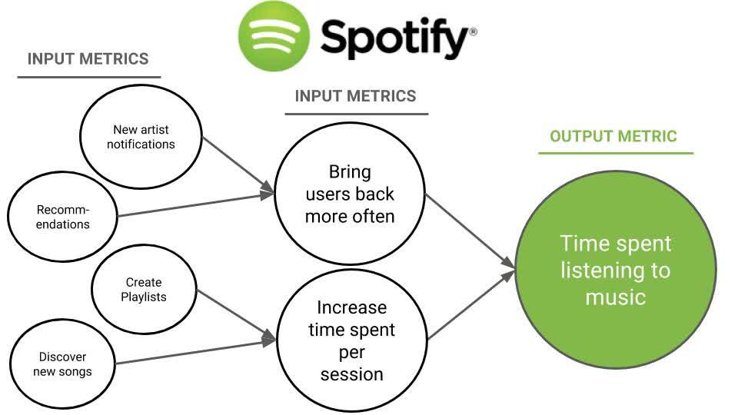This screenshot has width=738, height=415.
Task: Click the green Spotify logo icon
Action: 274,36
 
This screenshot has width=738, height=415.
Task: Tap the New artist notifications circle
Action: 141,138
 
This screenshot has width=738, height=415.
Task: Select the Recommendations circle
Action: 62,217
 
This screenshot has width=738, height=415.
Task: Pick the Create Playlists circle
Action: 143,290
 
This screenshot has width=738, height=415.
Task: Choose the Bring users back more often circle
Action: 350,194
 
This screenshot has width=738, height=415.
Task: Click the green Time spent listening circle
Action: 615,271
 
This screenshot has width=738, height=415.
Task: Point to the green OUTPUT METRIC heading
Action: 613,137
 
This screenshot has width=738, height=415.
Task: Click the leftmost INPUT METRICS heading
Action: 88,59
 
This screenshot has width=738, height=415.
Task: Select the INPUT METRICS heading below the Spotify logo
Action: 355,96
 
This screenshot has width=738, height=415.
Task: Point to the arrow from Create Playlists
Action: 234,314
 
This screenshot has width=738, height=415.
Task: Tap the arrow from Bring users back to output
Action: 469,231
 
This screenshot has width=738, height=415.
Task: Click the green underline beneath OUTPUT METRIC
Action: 615,153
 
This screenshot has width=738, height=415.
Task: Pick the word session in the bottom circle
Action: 351,374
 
